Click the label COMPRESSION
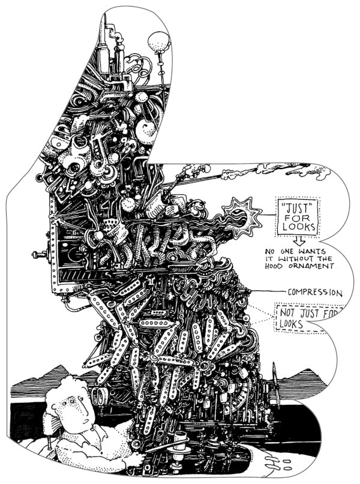tap(315, 293)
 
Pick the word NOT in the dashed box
tap(287, 312)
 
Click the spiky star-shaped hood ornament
tap(242, 214)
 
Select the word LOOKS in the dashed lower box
tap(289, 324)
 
